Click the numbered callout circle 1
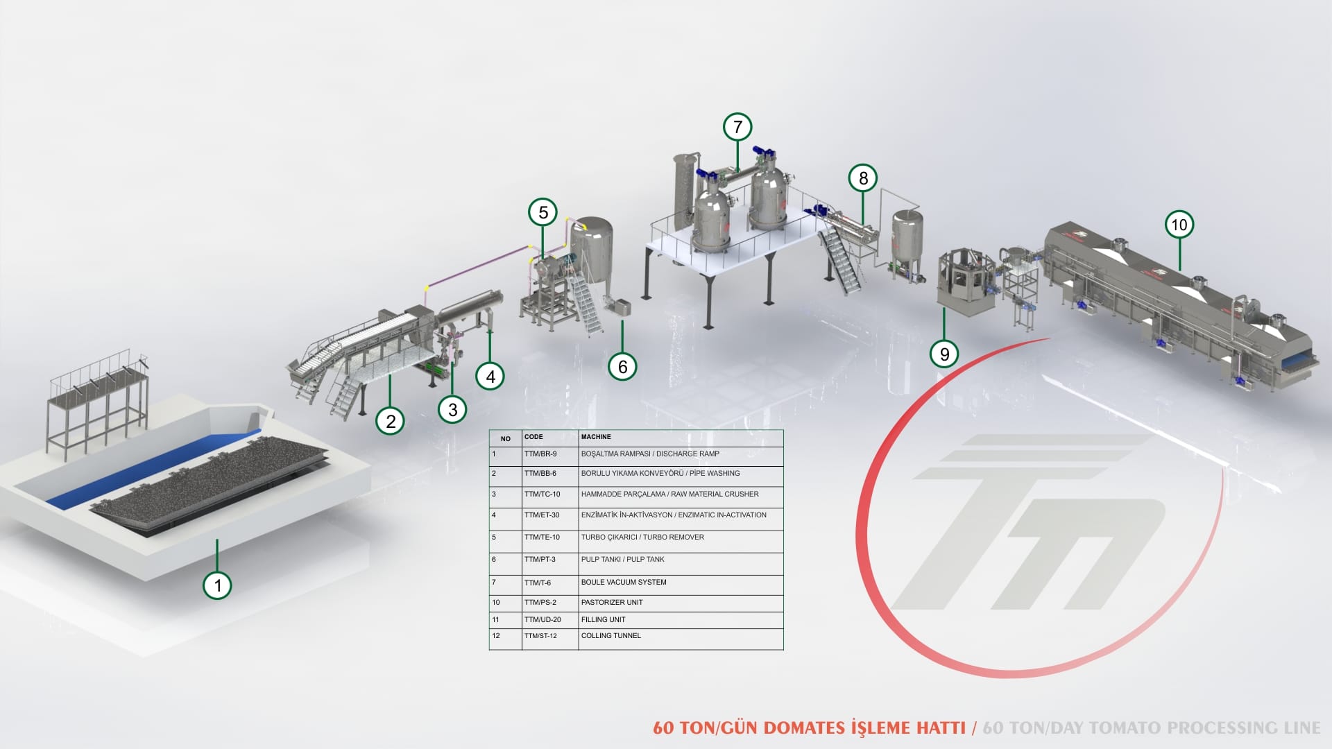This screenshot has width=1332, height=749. pyautogui.click(x=217, y=585)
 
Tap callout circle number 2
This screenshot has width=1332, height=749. pyautogui.click(x=391, y=420)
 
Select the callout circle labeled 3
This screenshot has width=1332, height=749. pyautogui.click(x=452, y=409)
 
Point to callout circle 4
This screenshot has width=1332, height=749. pyautogui.click(x=490, y=377)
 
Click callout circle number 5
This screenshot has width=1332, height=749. pyautogui.click(x=543, y=212)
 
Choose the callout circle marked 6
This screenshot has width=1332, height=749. pyautogui.click(x=622, y=366)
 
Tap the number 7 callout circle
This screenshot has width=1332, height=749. pyautogui.click(x=737, y=127)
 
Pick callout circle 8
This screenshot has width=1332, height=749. pyautogui.click(x=863, y=178)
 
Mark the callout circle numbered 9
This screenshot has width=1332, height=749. pyautogui.click(x=944, y=354)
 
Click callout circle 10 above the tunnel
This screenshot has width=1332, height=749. pyautogui.click(x=1179, y=225)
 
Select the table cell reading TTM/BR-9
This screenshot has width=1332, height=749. pyautogui.click(x=540, y=454)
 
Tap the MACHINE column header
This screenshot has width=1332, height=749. pyautogui.click(x=596, y=437)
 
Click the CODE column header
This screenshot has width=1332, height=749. pyautogui.click(x=533, y=437)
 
